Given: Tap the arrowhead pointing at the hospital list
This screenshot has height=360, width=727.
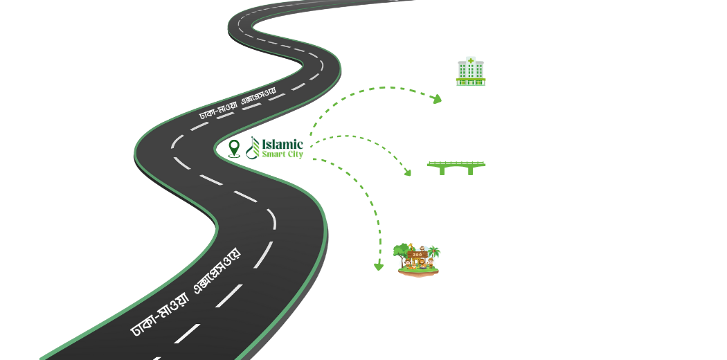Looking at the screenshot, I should (x=437, y=101).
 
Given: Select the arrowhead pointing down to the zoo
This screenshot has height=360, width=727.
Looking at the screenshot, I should (x=378, y=265).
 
